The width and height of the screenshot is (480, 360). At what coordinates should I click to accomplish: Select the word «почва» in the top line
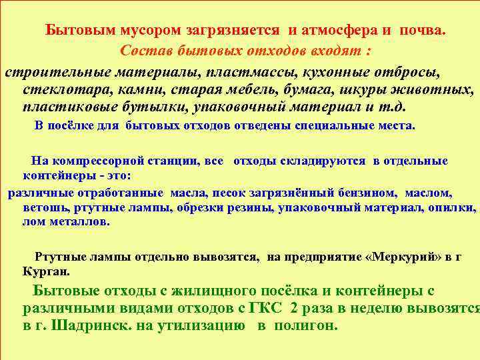(x=423, y=31)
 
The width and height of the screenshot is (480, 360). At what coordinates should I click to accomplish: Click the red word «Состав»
(x=145, y=51)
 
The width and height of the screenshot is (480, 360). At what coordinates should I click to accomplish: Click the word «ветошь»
(x=43, y=208)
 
